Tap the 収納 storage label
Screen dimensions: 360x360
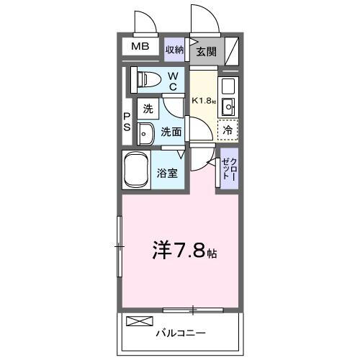coord(175,50)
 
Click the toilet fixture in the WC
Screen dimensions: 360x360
coord(143,79)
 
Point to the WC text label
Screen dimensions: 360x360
coord(174,81)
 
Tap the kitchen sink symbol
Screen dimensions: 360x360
coord(228,107)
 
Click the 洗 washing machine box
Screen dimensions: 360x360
coord(148,110)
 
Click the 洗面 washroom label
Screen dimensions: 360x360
coord(171,132)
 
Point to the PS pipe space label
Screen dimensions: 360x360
coord(126,122)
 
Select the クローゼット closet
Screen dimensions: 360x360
coord(228,169)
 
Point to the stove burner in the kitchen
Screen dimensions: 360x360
coord(228,86)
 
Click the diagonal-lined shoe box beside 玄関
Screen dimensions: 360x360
coord(233,50)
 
